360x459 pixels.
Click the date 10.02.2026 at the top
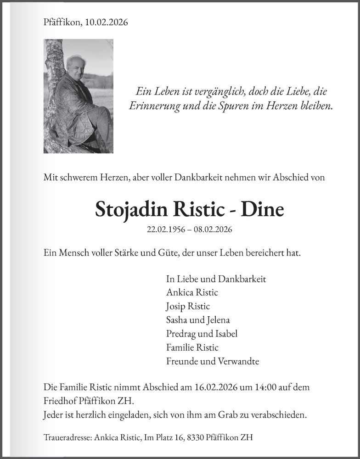(x=107, y=22)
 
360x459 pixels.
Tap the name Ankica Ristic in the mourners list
(x=192, y=292)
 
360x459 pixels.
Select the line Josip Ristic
(x=188, y=306)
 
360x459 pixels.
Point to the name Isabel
(x=225, y=334)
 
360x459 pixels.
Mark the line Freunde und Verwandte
(x=212, y=361)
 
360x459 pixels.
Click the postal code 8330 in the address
(x=196, y=437)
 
